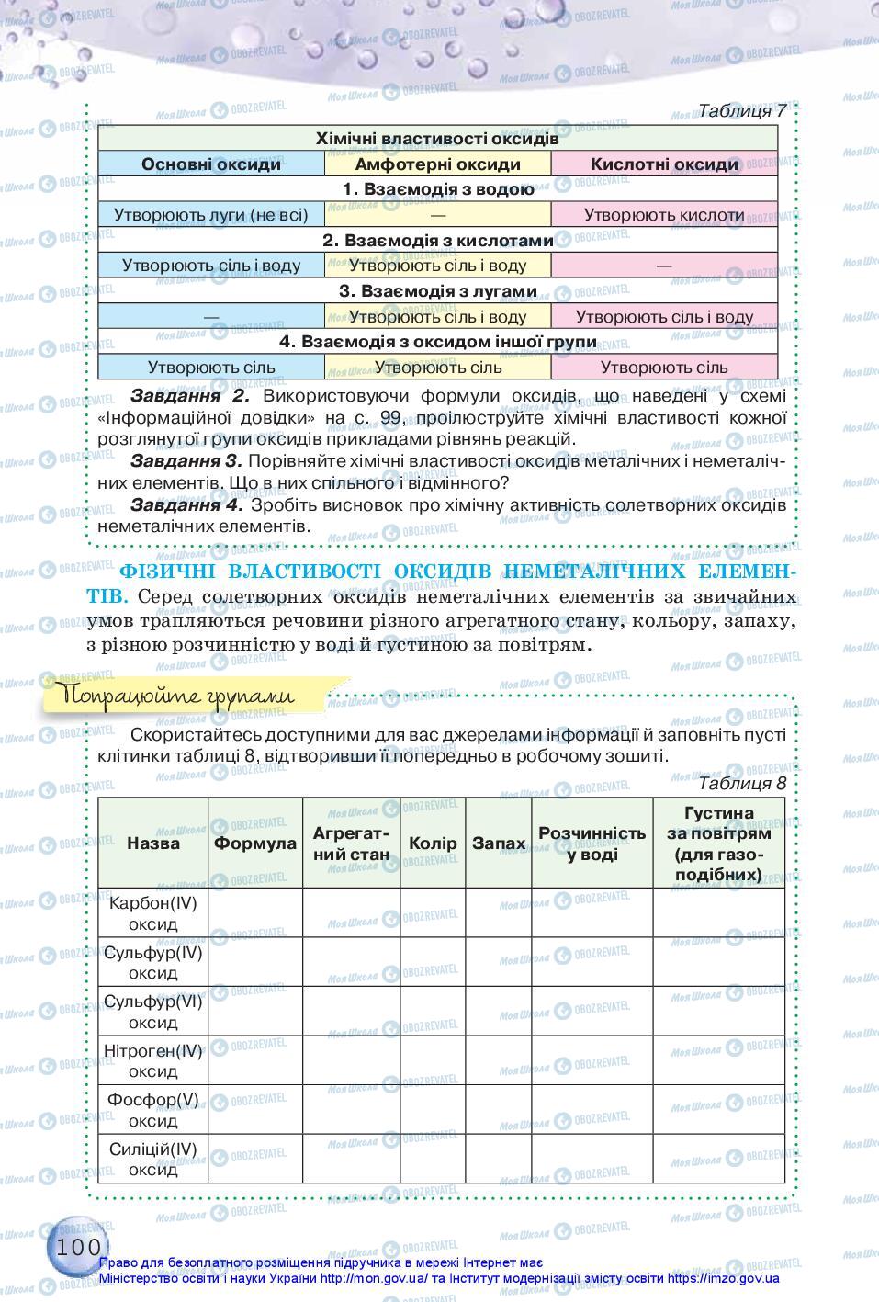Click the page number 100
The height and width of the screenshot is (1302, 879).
click(x=77, y=1247)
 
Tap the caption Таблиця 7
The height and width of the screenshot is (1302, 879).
click(x=741, y=110)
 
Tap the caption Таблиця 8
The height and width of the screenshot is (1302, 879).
click(x=741, y=783)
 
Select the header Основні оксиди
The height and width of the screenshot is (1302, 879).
click(x=211, y=164)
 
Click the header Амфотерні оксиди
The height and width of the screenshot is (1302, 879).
click(x=437, y=164)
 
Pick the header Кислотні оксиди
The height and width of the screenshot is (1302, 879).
click(x=664, y=164)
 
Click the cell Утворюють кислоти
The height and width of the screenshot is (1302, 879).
click(x=664, y=215)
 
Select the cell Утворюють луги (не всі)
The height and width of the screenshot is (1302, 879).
click(x=211, y=215)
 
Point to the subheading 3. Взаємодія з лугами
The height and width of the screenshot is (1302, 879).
click(x=437, y=291)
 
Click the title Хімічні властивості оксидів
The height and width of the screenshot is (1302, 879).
click(x=437, y=139)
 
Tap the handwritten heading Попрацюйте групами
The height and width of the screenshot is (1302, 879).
click(x=176, y=696)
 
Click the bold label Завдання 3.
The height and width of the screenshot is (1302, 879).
click(x=186, y=460)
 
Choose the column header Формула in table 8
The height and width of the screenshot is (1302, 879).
click(x=255, y=843)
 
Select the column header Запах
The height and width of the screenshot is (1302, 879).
click(x=499, y=843)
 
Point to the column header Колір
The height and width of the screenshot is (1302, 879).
click(x=433, y=843)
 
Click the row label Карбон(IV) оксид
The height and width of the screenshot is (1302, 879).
click(x=153, y=912)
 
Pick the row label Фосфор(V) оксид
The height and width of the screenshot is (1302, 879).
click(x=153, y=1109)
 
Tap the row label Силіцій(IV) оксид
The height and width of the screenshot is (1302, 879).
click(x=153, y=1159)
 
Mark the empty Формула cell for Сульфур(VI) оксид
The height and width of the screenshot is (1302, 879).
click(x=255, y=1011)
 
